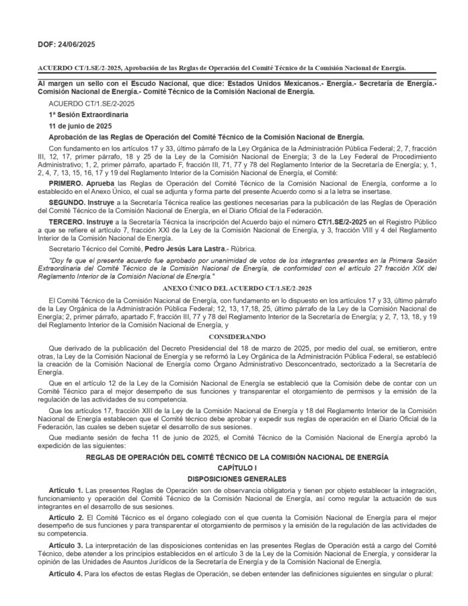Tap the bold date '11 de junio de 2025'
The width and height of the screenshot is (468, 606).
pos(77,126)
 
